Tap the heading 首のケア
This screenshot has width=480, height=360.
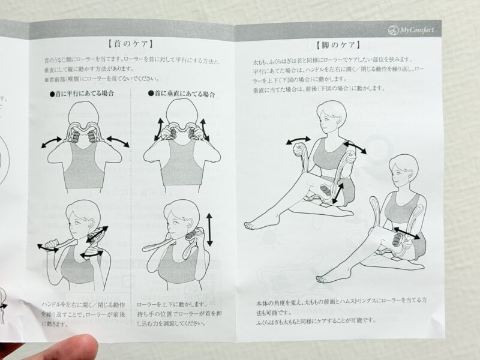point(130,44)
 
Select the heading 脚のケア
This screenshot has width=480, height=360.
point(338,46)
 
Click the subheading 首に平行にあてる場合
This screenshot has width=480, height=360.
point(82,94)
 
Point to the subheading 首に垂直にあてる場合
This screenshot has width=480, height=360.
point(182,94)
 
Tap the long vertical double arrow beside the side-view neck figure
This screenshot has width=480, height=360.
point(209,230)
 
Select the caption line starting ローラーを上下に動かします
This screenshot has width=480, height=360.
point(172,305)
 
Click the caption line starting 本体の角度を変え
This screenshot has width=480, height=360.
point(341,301)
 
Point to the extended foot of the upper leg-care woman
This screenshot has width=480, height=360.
point(253,225)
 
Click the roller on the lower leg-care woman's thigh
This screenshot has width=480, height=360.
point(398,239)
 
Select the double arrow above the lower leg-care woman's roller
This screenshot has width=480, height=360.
point(407,233)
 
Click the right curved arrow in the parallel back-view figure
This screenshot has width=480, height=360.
point(118,141)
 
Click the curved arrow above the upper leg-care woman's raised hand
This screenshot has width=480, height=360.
point(298,140)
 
